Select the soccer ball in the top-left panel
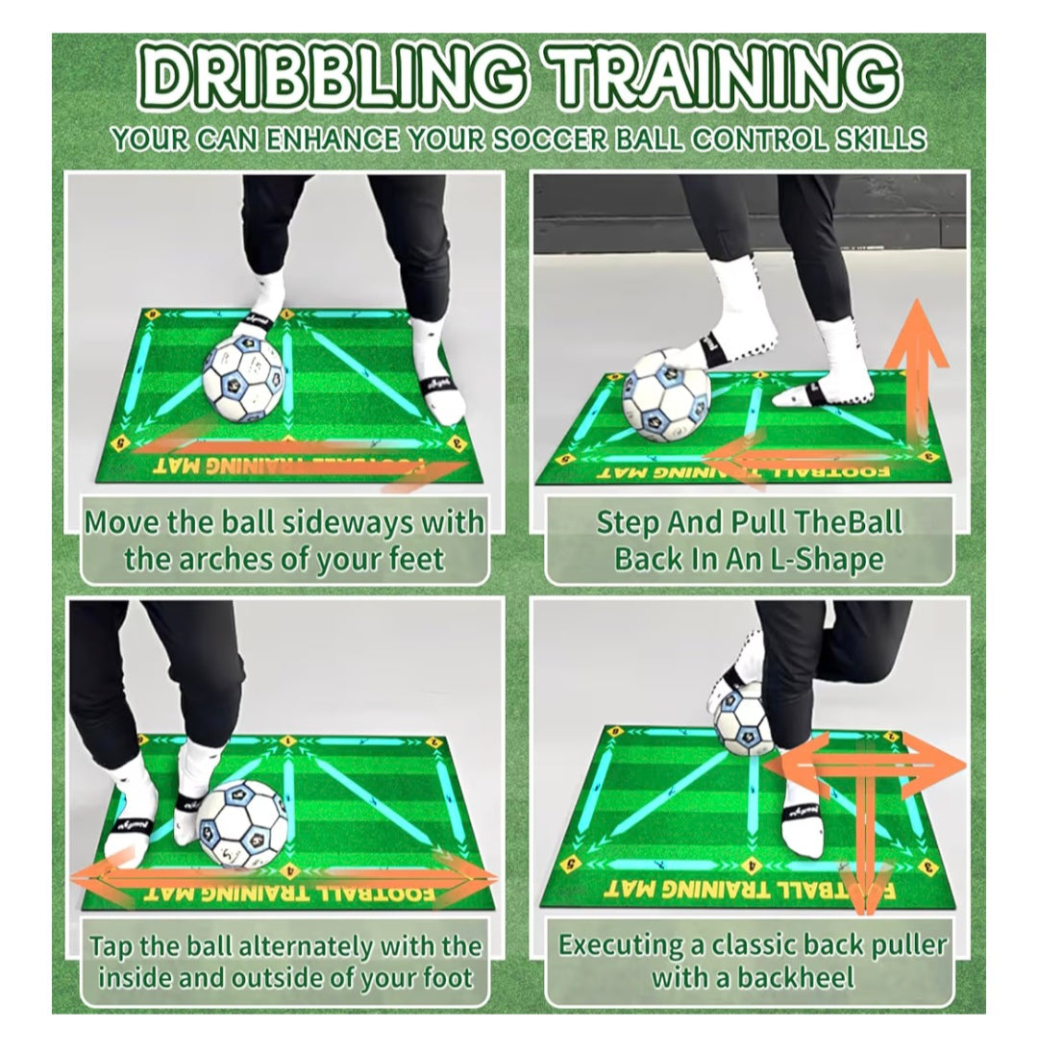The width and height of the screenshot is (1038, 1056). (x=244, y=378)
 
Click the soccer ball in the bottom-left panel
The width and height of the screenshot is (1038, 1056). (x=242, y=824)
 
